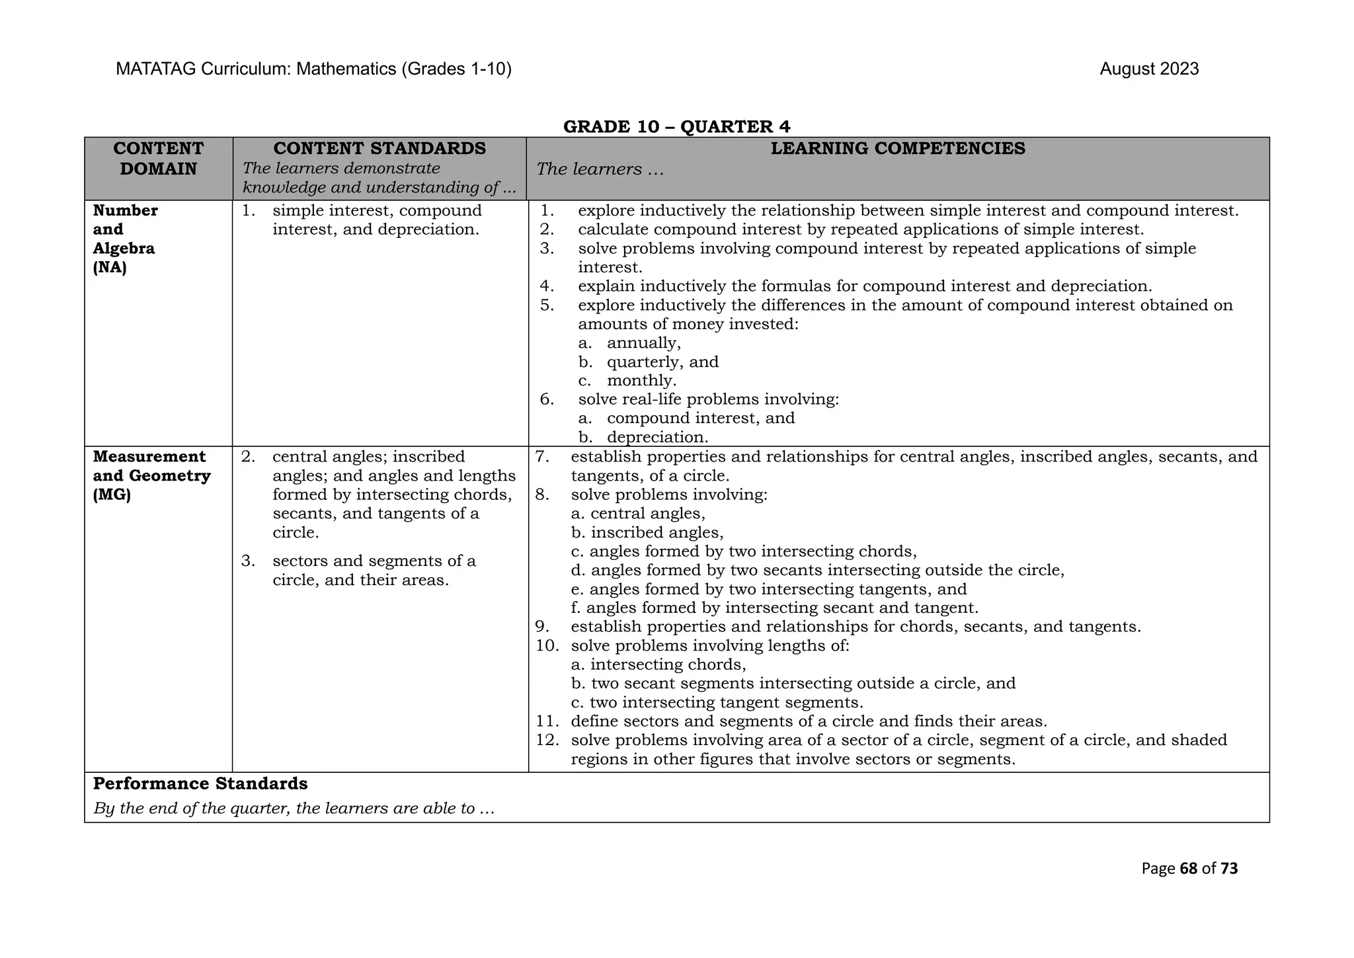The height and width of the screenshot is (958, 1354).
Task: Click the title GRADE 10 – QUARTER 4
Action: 676,126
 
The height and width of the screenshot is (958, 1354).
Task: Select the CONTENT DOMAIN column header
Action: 158,159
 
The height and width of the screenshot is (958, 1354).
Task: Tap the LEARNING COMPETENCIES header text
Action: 898,148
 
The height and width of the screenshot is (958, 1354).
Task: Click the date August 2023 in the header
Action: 1148,69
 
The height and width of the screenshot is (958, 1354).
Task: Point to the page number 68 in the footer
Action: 1188,869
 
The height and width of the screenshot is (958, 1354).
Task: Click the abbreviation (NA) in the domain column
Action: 110,268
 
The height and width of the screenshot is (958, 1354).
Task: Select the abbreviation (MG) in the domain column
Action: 112,495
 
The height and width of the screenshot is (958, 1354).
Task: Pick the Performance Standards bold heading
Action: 200,783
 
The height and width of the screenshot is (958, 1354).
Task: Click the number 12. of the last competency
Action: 547,740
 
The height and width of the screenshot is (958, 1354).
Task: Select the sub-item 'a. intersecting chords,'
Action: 658,664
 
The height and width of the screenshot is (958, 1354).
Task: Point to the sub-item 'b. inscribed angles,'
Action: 647,532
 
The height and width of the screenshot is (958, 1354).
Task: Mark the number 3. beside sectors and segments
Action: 248,561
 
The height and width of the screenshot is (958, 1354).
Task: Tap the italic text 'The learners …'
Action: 600,169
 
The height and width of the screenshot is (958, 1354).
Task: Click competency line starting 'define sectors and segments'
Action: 808,721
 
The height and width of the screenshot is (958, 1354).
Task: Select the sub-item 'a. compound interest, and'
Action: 686,419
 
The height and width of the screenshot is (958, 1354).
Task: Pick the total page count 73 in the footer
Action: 1228,869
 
